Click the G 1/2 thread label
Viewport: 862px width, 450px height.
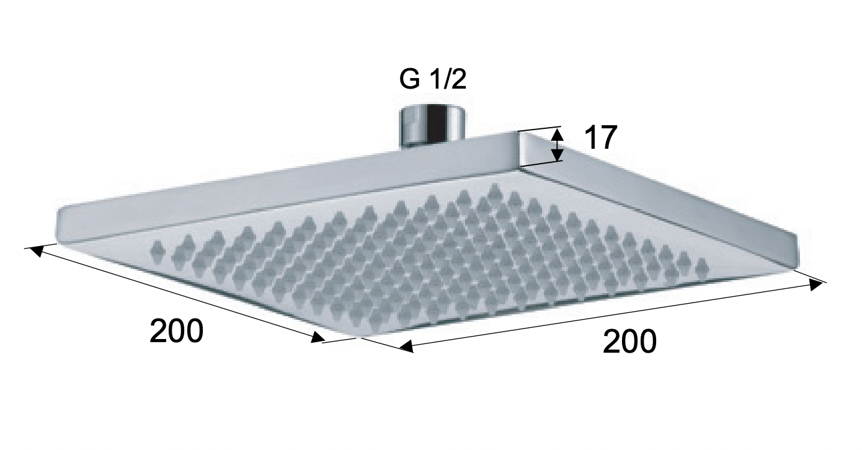pyautogui.click(x=433, y=81)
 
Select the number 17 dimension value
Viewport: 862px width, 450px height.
pyautogui.click(x=600, y=138)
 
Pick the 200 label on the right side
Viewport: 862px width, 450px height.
pyautogui.click(x=629, y=342)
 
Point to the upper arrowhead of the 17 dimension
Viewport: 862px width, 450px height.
pyautogui.click(x=558, y=133)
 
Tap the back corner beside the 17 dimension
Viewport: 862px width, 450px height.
pyautogui.click(x=520, y=149)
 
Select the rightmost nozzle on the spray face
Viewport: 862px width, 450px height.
pyautogui.click(x=701, y=267)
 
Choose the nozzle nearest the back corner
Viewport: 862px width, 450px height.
pyautogui.click(x=494, y=189)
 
